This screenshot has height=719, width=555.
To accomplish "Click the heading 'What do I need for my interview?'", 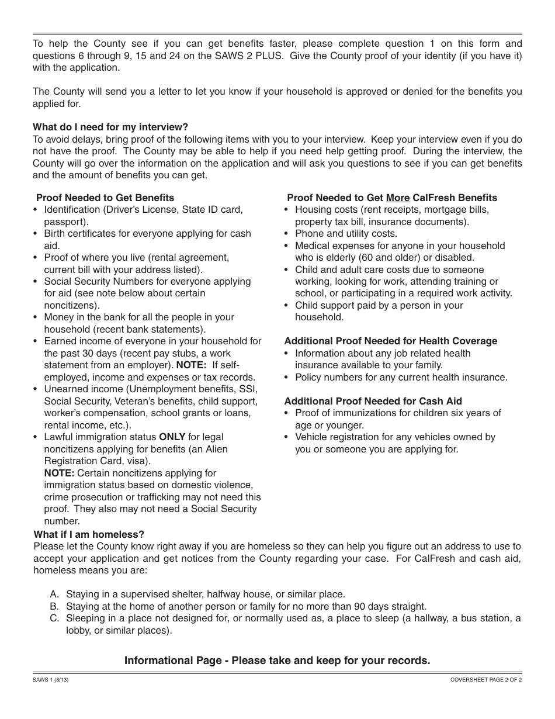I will [110, 127].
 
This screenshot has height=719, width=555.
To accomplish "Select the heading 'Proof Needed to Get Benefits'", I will [105, 198].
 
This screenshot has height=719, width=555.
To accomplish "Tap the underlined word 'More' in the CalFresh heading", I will [397, 198].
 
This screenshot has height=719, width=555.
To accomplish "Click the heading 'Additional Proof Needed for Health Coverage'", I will [390, 341].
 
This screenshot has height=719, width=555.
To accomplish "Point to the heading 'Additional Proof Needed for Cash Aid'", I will [373, 401].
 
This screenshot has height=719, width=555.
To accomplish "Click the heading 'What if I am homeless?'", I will [89, 534].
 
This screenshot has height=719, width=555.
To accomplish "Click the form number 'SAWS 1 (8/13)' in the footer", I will [51, 680].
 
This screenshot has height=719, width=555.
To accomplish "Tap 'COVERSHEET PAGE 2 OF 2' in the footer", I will [486, 680].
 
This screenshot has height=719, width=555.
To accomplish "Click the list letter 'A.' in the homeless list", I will [55, 594].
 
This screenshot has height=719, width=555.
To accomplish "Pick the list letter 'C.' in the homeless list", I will [55, 618].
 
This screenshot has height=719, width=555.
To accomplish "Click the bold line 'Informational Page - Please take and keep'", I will [277, 661].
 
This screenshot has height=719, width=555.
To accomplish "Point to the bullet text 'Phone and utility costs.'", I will [346, 233].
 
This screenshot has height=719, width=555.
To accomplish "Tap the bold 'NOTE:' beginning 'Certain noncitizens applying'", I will [59, 473].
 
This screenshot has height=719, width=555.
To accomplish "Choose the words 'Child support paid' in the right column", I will [334, 305].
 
